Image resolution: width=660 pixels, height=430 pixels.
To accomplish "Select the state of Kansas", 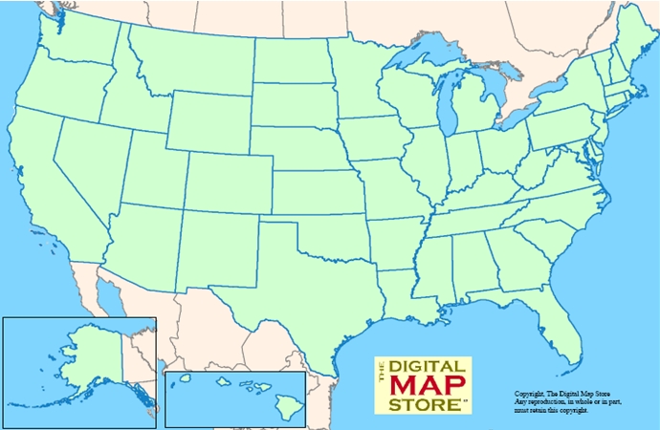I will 316,191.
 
